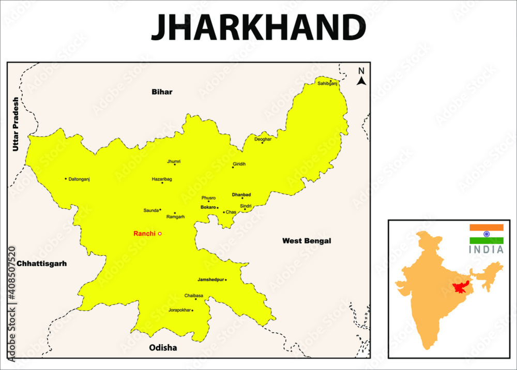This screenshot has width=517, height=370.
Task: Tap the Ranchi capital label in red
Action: (144, 234)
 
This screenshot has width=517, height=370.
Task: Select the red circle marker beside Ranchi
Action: (160, 234)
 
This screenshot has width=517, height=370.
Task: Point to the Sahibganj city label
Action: (327, 83)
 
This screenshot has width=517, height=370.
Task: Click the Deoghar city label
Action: (263, 139)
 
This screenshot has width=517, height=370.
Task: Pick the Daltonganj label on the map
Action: (79, 179)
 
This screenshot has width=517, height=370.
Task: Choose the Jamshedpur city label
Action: (210, 280)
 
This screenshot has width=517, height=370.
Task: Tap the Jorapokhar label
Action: (179, 311)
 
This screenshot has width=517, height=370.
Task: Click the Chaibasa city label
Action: (194, 296)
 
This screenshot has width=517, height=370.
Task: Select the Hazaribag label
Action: (162, 179)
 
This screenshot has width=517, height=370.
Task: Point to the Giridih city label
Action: (239, 164)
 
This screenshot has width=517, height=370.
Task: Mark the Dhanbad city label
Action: (241, 195)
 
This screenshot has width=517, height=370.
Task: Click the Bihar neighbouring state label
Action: (162, 92)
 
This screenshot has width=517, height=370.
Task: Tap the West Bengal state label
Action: (307, 241)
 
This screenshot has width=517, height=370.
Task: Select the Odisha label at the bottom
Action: (163, 348)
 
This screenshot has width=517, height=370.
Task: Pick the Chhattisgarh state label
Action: (42, 264)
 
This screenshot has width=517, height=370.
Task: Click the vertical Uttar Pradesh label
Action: (16, 124)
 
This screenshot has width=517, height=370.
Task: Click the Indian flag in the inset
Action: (486, 234)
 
